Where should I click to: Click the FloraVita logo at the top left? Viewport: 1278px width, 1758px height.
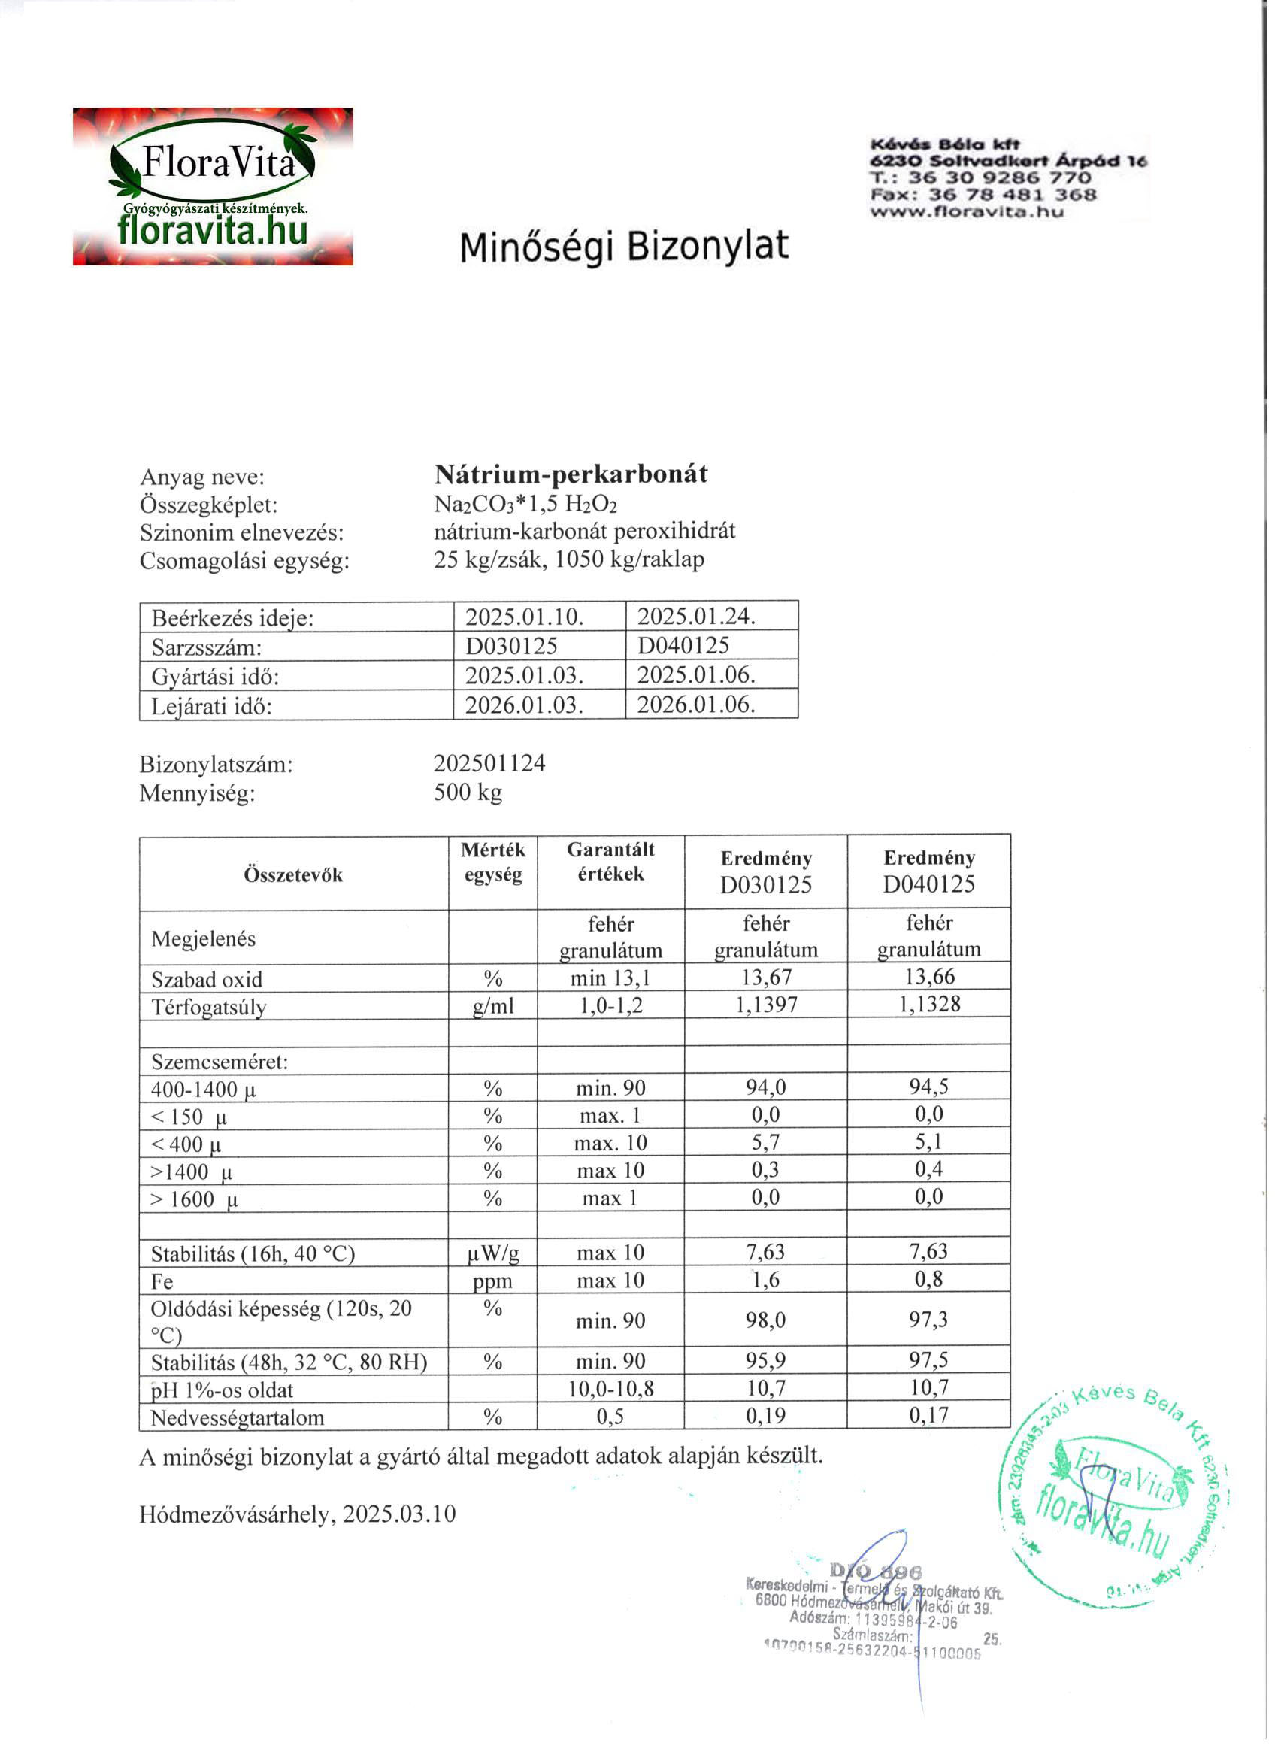coord(214,186)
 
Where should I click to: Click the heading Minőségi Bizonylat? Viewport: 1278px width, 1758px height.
coord(624,247)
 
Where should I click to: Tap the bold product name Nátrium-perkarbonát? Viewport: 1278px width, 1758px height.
coord(571,474)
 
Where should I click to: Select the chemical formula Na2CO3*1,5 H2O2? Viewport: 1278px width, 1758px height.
coord(525,504)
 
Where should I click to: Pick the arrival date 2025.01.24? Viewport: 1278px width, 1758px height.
coord(696,617)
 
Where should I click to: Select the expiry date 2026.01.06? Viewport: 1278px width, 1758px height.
coord(696,705)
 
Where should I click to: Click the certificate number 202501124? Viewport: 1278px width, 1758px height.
coord(489,763)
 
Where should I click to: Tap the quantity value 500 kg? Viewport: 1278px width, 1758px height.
coord(468,792)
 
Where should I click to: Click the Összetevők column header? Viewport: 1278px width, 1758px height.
coord(293,874)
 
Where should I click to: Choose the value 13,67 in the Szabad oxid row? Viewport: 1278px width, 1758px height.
coord(766,977)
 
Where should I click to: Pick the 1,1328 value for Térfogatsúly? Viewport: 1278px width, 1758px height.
coord(928,1004)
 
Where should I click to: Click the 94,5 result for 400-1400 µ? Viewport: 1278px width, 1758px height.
coord(928,1086)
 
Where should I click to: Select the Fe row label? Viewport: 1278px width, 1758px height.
coord(162,1281)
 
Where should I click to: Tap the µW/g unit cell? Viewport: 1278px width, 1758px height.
coord(492,1253)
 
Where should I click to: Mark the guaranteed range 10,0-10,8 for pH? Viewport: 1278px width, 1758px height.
coord(610,1388)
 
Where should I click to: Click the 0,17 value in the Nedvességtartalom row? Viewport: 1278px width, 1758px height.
coord(928,1415)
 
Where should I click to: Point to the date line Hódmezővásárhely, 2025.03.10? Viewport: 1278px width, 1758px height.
coord(298,1514)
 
